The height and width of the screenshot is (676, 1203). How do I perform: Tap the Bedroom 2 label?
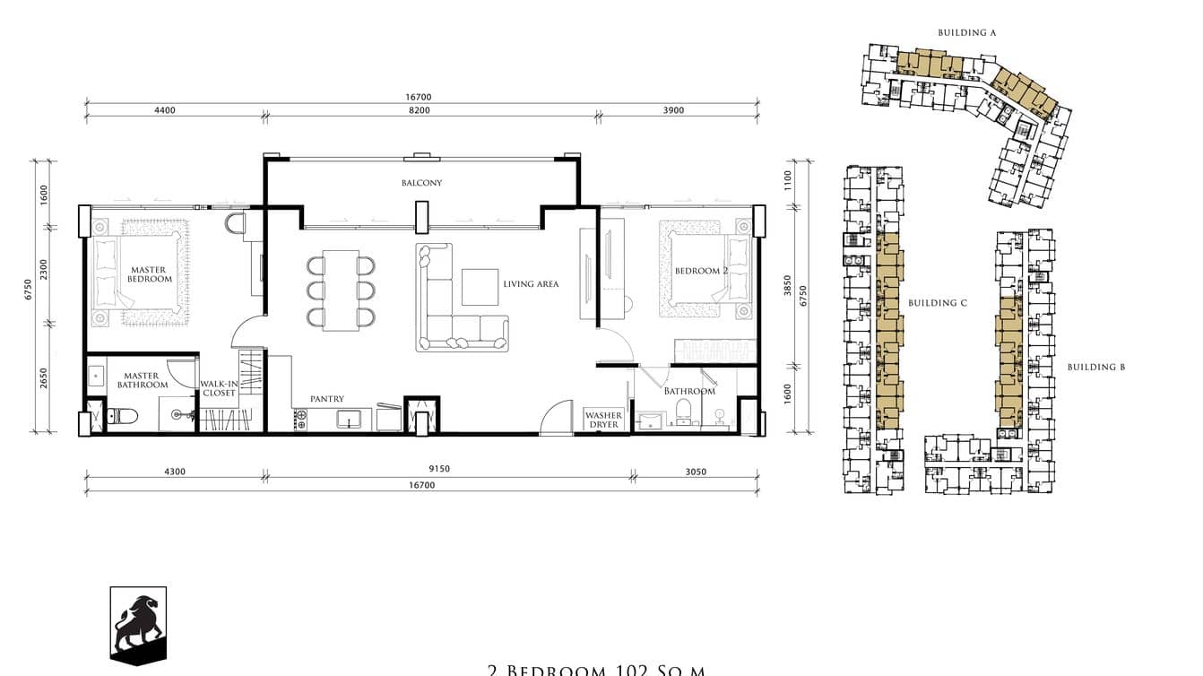pos(701,271)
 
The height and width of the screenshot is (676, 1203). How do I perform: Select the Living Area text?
pos(531,284)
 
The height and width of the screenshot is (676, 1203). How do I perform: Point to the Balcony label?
pos(421,183)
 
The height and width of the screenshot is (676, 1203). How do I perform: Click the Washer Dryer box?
pos(604,420)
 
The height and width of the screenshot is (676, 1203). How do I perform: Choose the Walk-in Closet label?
pos(218,387)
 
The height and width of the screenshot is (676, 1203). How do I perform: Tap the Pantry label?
pos(326,399)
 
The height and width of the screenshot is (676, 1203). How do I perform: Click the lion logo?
pos(138,625)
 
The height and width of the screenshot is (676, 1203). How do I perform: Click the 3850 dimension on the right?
pos(788,287)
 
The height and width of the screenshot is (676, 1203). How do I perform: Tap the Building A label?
pos(967,32)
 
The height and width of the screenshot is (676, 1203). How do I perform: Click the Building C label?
pos(937,303)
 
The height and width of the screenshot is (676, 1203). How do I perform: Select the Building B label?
pos(1095,367)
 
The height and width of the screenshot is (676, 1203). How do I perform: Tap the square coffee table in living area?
pos(480,287)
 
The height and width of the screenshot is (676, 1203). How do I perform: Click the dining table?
pos(341,290)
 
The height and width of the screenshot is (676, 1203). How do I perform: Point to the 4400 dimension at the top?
pos(165,110)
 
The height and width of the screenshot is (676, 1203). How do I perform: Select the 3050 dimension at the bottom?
pos(696,471)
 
